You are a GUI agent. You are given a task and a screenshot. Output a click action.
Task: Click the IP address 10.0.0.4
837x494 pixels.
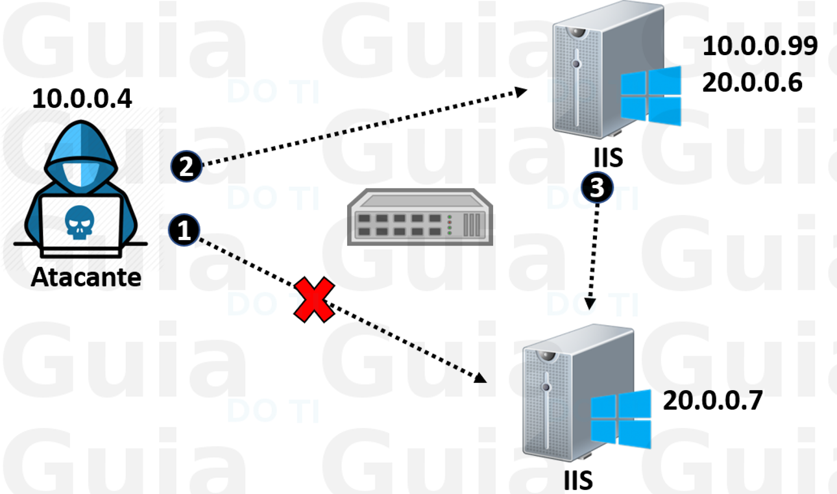pyautogui.click(x=82, y=99)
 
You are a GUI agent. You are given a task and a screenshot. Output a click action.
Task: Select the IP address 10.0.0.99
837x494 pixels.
pyautogui.click(x=760, y=46)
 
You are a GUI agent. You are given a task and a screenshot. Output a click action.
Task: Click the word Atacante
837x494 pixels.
pyautogui.click(x=86, y=277)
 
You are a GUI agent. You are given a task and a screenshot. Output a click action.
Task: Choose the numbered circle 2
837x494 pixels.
pyautogui.click(x=186, y=166)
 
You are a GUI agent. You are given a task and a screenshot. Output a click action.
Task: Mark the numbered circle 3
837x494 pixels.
pyautogui.click(x=596, y=188)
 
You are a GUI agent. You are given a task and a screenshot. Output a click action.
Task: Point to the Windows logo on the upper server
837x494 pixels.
pyautogui.click(x=650, y=96)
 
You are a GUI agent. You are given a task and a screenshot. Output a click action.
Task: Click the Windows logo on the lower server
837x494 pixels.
pyautogui.click(x=621, y=419)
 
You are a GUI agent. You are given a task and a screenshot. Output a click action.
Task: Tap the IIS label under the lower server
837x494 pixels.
pyautogui.click(x=578, y=481)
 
